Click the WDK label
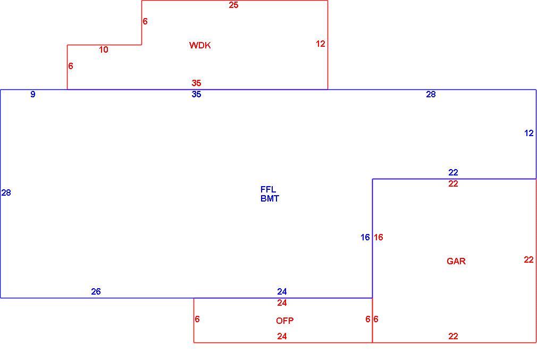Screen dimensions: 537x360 (200, 45)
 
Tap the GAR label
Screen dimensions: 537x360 (456, 261)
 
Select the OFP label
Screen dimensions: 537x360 (284, 321)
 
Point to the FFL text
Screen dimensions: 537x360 (268, 189)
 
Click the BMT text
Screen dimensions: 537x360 (270, 199)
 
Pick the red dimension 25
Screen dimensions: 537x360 (233, 5)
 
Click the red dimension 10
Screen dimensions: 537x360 (104, 49)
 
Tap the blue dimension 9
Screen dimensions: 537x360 (33, 94)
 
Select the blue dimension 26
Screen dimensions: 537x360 (96, 291)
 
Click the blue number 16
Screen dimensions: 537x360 (365, 237)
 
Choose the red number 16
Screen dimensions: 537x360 (379, 237)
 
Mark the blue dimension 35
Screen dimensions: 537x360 (196, 94)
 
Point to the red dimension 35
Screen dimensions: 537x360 (196, 83)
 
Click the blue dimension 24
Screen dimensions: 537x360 (282, 291)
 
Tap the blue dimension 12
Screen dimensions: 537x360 (529, 133)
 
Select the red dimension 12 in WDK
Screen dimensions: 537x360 (321, 44)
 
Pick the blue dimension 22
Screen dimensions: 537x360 (453, 172)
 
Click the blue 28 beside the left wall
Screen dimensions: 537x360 (6, 192)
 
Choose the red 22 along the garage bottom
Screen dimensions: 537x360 (453, 337)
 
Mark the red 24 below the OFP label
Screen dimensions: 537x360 (282, 337)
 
